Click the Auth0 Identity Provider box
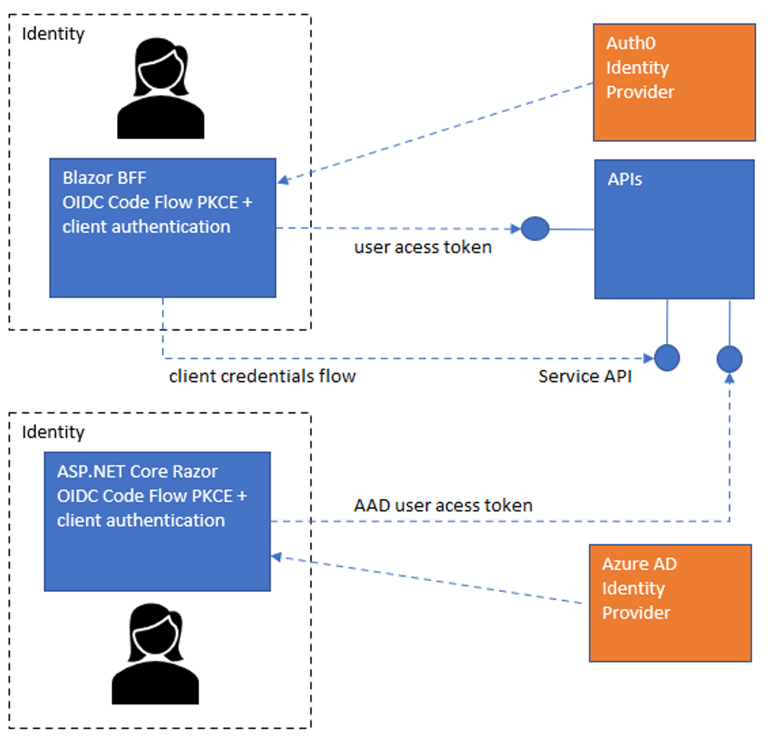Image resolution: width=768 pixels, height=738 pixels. [x=674, y=82]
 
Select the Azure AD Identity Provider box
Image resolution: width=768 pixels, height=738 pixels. [x=670, y=603]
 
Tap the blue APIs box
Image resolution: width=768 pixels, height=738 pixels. [x=674, y=229]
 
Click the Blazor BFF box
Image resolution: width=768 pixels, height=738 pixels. [x=162, y=227]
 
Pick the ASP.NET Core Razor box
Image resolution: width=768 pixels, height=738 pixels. [x=157, y=521]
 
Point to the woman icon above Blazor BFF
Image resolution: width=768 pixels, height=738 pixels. [x=160, y=89]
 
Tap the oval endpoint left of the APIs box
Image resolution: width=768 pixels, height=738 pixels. [x=535, y=228]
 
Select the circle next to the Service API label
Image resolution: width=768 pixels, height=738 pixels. [x=667, y=357]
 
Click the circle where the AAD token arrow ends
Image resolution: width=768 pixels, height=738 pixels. [x=729, y=358]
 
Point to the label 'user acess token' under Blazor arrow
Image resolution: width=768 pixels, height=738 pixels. [x=423, y=247]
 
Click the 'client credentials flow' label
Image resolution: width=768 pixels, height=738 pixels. [x=262, y=376]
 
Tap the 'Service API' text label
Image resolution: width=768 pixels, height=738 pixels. [x=585, y=376]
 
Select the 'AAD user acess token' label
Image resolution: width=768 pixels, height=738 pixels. [x=443, y=504]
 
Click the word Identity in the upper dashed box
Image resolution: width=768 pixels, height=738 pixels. [x=53, y=33]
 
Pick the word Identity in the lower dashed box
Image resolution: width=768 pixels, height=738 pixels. [x=53, y=432]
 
